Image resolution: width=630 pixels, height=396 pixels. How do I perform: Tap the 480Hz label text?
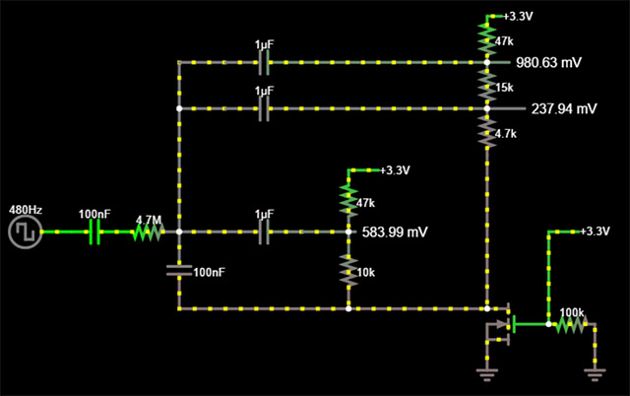click(x=24, y=210)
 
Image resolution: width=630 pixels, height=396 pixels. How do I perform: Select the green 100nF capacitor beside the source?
click(x=95, y=232)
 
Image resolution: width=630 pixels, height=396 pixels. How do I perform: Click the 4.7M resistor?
click(x=148, y=232)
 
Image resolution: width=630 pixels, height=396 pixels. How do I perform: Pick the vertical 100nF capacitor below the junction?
click(x=178, y=270)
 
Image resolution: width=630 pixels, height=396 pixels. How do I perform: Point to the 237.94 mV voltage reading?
click(x=564, y=107)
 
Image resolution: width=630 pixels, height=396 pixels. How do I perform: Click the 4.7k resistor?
click(x=486, y=131)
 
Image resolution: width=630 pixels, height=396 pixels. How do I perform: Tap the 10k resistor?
click(x=347, y=269)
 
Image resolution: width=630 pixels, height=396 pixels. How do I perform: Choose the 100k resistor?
click(x=571, y=324)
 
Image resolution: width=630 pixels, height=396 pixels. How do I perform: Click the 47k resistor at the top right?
click(x=486, y=39)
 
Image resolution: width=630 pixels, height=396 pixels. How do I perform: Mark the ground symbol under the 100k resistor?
click(x=594, y=371)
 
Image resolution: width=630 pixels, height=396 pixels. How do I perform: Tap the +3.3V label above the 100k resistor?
click(x=594, y=231)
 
